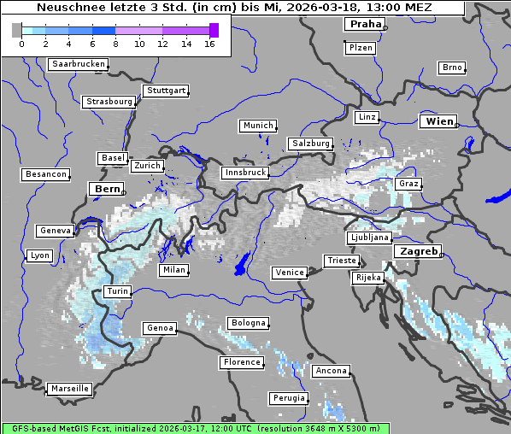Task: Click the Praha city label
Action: click(x=364, y=24)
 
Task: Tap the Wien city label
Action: click(x=439, y=122)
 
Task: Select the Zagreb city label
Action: click(x=417, y=252)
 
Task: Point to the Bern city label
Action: click(x=107, y=189)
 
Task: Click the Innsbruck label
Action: click(x=244, y=173)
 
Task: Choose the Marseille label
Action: click(x=69, y=389)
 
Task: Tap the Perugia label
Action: click(x=288, y=398)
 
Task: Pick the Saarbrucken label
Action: click(x=79, y=64)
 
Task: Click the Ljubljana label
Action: click(x=369, y=238)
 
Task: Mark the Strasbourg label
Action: click(x=109, y=102)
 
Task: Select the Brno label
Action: click(x=451, y=67)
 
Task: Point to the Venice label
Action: click(x=289, y=273)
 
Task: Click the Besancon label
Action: click(x=46, y=174)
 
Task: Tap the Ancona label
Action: click(x=331, y=371)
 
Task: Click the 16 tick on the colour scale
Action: click(x=209, y=43)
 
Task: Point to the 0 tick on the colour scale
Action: click(x=21, y=43)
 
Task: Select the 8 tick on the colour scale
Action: click(x=115, y=43)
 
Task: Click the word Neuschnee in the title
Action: click(x=65, y=8)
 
